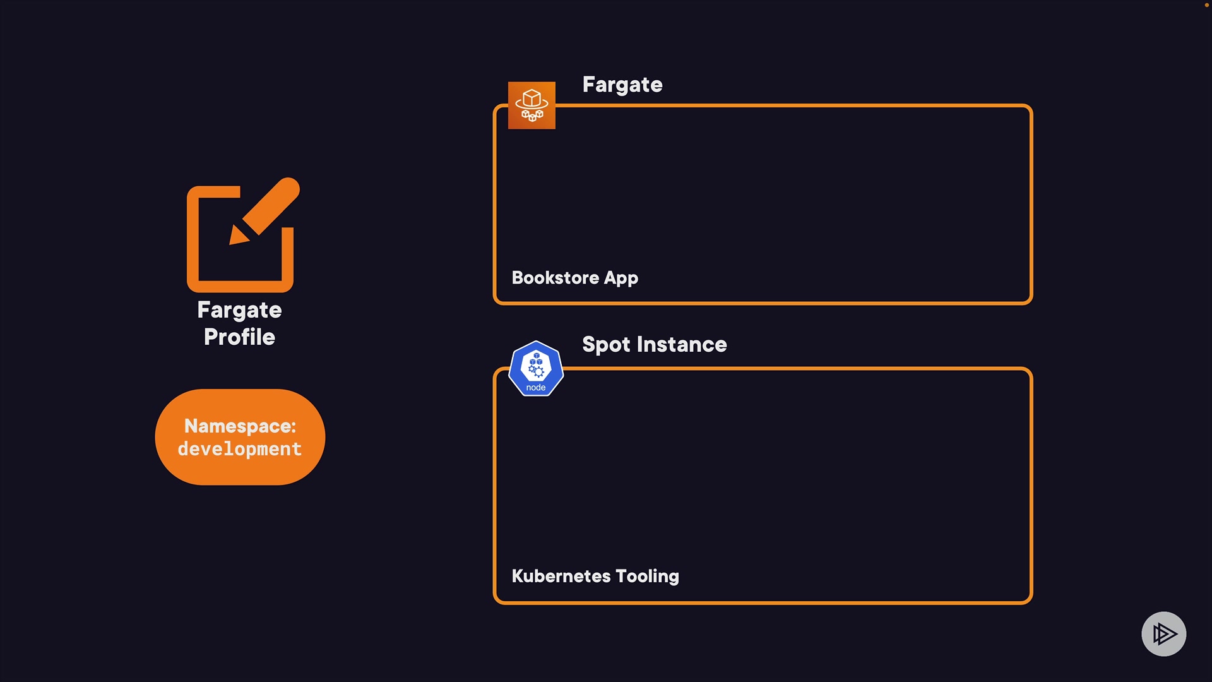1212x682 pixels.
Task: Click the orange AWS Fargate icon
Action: [532, 105]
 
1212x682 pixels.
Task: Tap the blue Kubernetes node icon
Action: [536, 369]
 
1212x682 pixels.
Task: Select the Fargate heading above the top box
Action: [622, 85]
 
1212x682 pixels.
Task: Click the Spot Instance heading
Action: [654, 345]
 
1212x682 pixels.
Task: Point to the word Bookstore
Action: [555, 278]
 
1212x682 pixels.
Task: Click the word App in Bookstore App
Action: [621, 278]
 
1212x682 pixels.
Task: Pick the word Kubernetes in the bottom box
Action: [561, 576]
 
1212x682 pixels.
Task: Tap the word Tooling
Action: [647, 577]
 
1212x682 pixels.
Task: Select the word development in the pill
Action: [240, 449]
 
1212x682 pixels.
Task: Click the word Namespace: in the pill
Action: [240, 426]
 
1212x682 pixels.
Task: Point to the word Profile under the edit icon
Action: [239, 337]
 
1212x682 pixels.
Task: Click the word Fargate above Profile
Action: [239, 310]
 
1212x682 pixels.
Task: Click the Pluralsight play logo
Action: [1163, 633]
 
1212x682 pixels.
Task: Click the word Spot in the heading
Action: [606, 345]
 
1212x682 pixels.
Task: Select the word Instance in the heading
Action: [682, 345]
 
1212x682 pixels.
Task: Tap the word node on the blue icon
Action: [536, 388]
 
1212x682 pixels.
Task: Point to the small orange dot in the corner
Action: [1206, 5]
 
